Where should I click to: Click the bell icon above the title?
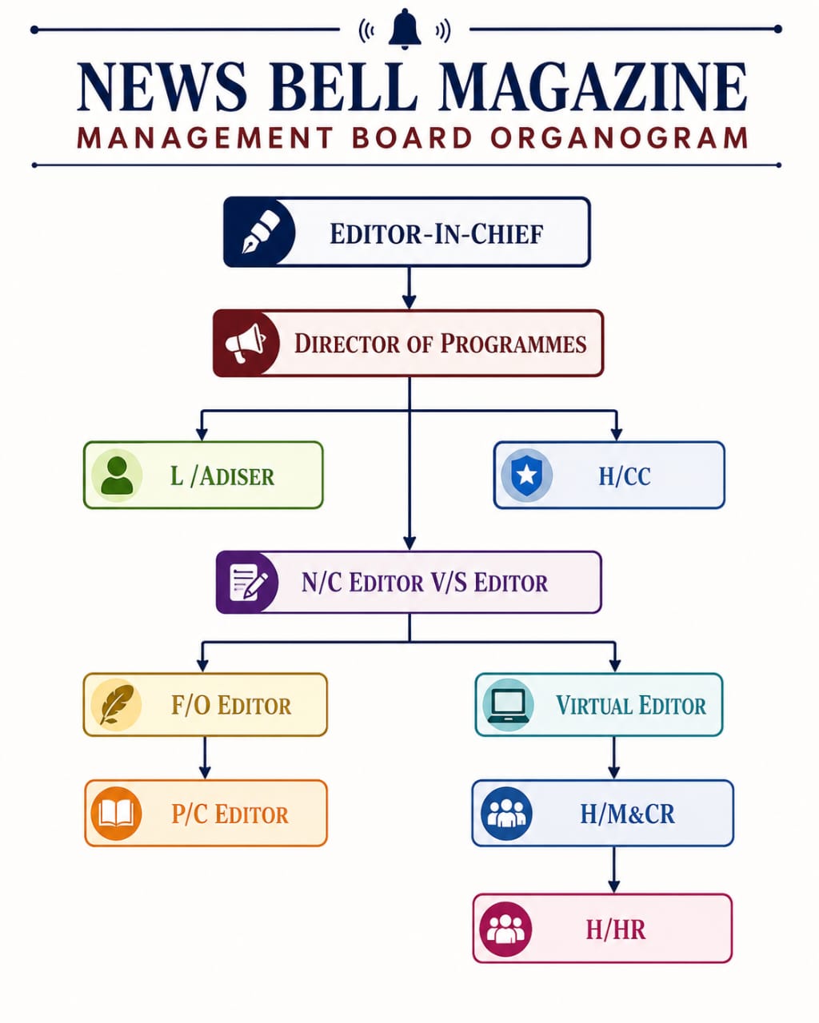(405, 29)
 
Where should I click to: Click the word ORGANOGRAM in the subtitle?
(619, 138)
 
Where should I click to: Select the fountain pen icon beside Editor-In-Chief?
(261, 232)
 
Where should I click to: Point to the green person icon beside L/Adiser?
(117, 475)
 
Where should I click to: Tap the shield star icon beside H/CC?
(526, 475)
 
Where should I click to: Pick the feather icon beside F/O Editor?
(117, 704)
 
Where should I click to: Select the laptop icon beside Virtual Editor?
(508, 704)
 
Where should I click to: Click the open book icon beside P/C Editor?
(116, 814)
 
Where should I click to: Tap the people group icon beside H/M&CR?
(506, 814)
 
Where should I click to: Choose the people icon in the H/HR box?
(505, 929)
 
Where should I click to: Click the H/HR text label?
(616, 929)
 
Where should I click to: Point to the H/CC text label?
(625, 476)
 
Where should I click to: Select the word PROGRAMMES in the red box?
(513, 343)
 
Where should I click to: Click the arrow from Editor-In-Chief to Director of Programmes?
(409, 288)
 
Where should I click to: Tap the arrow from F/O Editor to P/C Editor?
(205, 758)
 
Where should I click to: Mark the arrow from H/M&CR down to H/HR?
(614, 870)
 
